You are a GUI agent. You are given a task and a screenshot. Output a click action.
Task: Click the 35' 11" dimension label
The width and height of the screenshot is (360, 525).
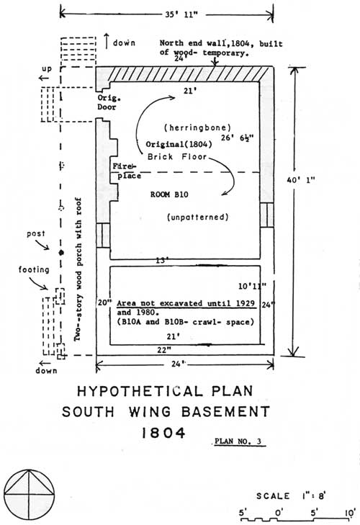[181, 15]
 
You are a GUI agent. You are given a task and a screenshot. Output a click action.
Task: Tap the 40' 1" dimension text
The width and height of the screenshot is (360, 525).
[301, 180]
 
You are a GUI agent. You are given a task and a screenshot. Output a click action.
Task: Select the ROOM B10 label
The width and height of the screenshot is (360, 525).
[169, 194]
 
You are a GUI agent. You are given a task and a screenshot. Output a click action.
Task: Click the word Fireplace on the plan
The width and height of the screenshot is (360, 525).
[127, 171]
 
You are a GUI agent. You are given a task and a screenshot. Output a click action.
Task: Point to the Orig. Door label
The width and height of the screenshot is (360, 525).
[109, 102]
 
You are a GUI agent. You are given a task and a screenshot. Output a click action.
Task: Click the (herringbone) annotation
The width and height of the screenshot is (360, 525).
[197, 127]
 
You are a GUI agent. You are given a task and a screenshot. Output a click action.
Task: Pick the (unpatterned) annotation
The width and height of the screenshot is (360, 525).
[198, 217]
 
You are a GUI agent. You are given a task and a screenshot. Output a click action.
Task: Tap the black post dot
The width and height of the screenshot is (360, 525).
[61, 253]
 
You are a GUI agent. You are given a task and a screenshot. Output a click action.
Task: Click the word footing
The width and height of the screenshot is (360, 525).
[34, 269]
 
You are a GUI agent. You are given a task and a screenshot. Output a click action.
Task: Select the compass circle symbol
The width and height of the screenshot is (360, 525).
[29, 494]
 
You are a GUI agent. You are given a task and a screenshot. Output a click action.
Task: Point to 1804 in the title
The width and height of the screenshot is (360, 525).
[163, 433]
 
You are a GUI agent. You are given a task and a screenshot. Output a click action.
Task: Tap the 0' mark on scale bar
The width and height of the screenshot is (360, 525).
[279, 513]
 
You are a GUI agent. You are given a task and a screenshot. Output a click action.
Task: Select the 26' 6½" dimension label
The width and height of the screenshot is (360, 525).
[238, 138]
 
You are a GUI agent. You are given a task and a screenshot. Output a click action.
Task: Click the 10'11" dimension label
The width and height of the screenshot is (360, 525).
[253, 286]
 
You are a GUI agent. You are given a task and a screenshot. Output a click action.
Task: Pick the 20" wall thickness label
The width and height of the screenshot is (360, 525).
[104, 302]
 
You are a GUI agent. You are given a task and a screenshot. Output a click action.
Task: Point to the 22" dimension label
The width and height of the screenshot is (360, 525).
[164, 350]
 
